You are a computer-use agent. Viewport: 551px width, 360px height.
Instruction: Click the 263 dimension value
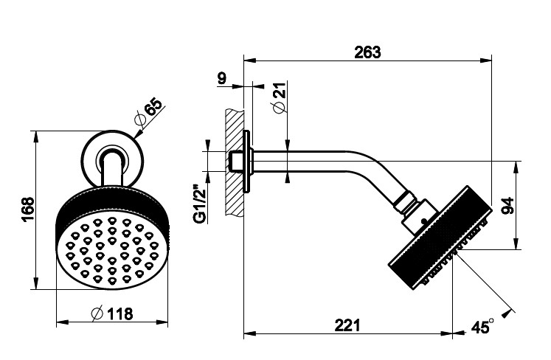[367, 52]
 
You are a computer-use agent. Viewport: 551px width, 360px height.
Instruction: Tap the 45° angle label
[482, 326]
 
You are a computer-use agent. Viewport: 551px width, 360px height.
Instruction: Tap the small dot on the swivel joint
[423, 220]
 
